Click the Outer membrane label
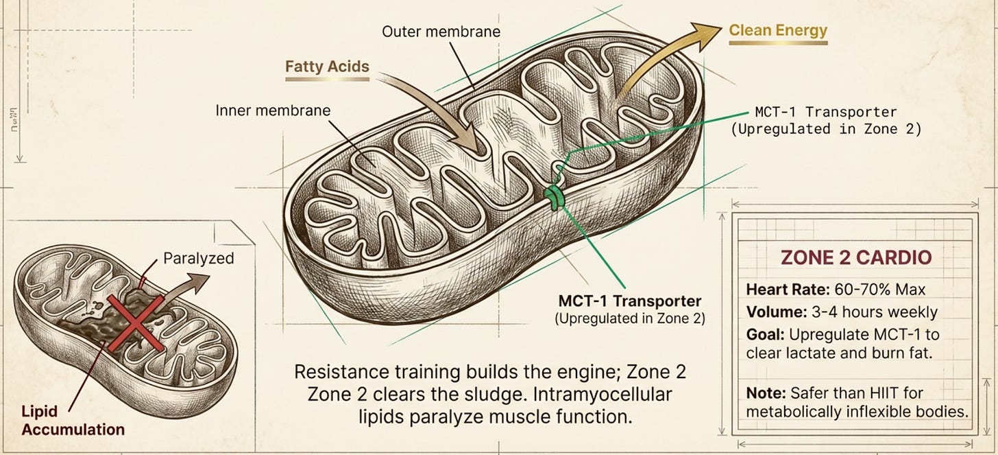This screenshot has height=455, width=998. tap(441, 32)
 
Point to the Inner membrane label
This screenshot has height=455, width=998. tap(273, 110)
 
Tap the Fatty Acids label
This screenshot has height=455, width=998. tap(327, 67)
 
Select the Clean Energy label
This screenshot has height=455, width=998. tap(778, 30)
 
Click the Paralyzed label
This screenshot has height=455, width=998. tap(199, 259)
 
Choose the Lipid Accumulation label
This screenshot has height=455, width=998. tap(71, 421)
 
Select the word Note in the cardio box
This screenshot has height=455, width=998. tap(764, 393)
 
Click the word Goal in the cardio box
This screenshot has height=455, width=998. tap(764, 335)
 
